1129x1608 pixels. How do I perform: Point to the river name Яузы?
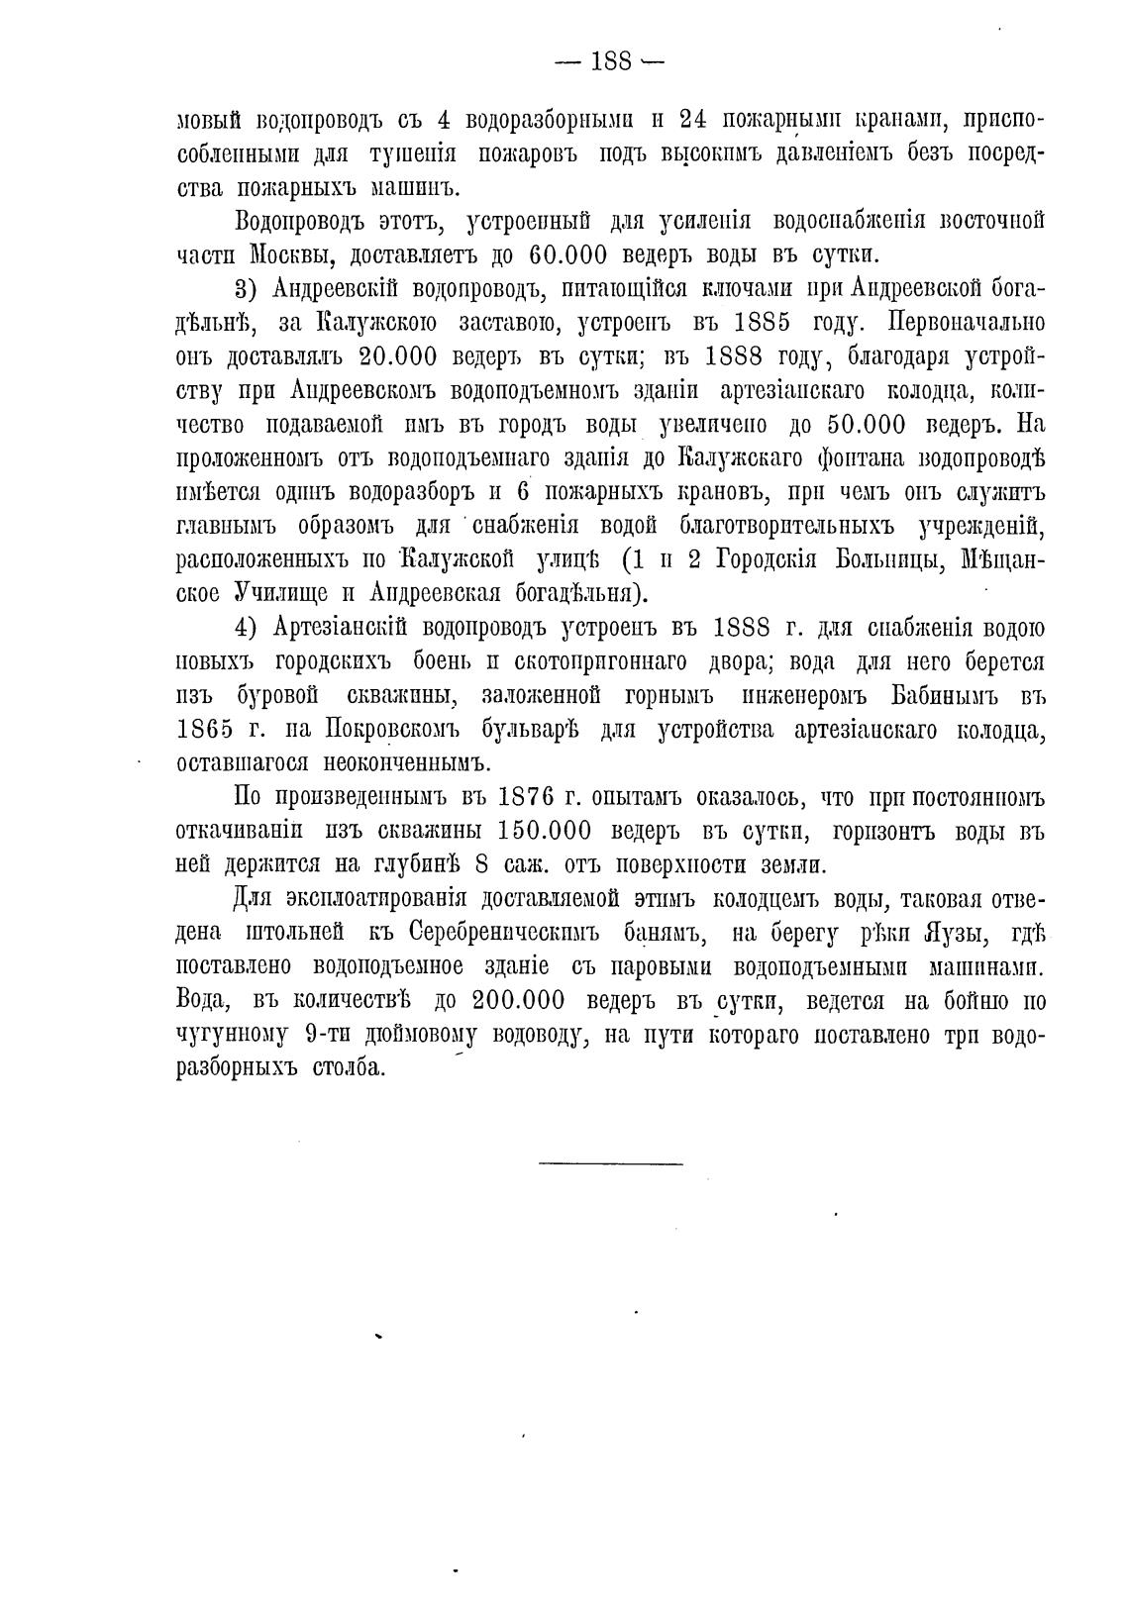point(958,934)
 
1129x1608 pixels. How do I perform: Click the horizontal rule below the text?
point(611,1161)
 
